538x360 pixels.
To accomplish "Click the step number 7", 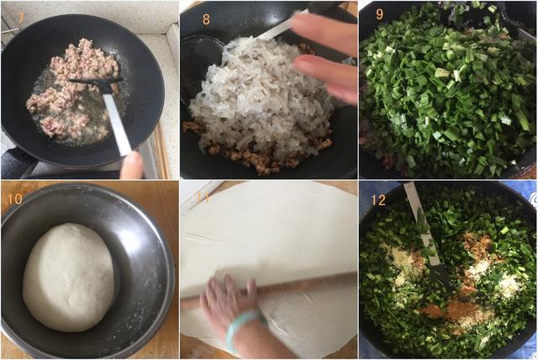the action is pyautogui.click(x=21, y=19).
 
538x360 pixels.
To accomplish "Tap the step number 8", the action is pyautogui.click(x=206, y=19).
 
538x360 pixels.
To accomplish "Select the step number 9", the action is pyautogui.click(x=379, y=14).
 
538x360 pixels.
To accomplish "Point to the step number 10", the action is pyautogui.click(x=15, y=199).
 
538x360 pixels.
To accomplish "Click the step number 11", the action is pyautogui.click(x=203, y=198).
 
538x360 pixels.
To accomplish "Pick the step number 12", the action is pyautogui.click(x=378, y=200).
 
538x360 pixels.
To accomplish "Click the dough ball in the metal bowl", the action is pyautogui.click(x=69, y=278).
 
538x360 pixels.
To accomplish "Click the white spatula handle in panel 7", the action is pyautogui.click(x=117, y=124).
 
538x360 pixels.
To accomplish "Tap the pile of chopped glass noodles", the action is pyautogui.click(x=261, y=99).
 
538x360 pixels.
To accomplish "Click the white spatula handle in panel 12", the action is pyautogui.click(x=422, y=223).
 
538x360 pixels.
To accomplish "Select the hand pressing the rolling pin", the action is pyautogui.click(x=229, y=302).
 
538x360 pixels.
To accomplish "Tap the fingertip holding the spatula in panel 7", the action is pyautogui.click(x=132, y=166).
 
